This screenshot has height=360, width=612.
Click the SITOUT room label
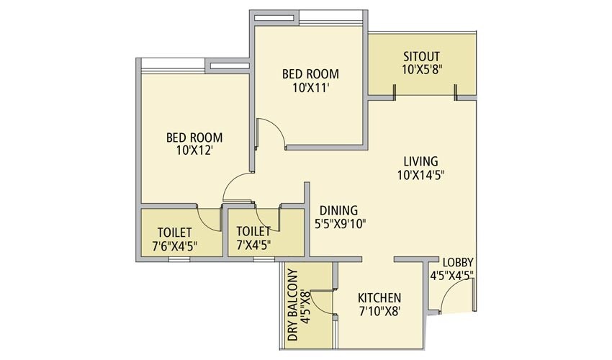(x=421, y=56)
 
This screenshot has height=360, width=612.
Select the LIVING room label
(x=420, y=161)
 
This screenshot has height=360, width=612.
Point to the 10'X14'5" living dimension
(x=420, y=175)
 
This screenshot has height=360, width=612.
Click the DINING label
(x=338, y=210)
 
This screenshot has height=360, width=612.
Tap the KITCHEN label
(x=379, y=297)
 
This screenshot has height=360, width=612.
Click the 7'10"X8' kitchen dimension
(x=379, y=311)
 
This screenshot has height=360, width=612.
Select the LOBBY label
(x=458, y=261)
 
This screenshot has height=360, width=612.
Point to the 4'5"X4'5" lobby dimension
(x=452, y=275)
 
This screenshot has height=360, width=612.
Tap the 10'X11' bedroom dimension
(x=310, y=87)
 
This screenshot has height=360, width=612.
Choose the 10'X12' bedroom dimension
(x=194, y=151)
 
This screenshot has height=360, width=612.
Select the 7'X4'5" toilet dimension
(x=253, y=246)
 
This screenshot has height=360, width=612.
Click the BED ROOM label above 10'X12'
(x=194, y=138)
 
